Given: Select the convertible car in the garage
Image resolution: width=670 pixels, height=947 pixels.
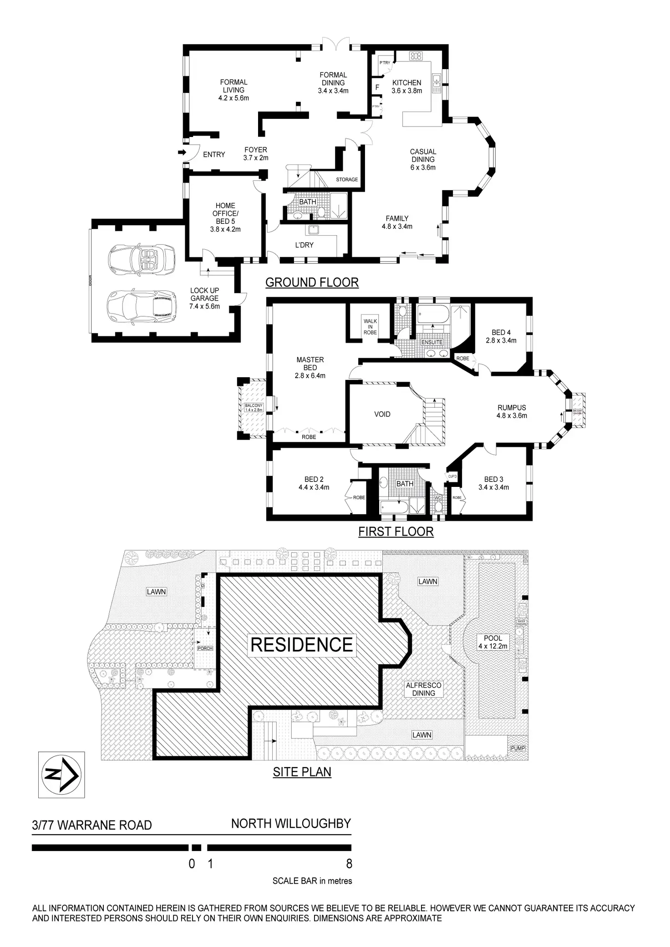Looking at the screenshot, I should tap(141, 260).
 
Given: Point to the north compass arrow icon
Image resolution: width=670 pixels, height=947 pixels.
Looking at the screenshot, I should tap(61, 774).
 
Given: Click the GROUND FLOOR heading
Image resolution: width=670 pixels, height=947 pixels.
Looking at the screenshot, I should tap(312, 283).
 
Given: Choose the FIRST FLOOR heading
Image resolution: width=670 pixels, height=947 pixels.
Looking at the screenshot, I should tap(396, 532).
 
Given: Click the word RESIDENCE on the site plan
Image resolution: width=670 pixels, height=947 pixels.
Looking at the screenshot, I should tap(302, 645).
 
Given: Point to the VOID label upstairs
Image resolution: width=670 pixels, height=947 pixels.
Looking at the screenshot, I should tap(382, 414).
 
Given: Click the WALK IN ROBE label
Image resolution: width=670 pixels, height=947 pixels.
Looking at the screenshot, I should tap(370, 327).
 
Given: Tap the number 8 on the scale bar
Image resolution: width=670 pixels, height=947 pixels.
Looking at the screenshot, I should tap(349, 863).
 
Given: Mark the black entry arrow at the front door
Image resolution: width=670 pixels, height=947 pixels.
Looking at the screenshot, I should tap(182, 152).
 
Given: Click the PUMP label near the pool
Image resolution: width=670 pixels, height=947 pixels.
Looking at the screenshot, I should tap(518, 748).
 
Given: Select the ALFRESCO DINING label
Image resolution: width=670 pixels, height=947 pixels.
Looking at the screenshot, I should tap(423, 689).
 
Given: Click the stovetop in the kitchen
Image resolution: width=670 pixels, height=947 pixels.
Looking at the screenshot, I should tap(416, 56).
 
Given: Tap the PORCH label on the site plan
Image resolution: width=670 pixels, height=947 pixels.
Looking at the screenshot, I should tap(205, 648).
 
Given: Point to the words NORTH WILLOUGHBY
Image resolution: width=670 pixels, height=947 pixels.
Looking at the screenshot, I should tap(291, 824).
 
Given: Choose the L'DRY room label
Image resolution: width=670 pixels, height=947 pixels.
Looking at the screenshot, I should tap(304, 245).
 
